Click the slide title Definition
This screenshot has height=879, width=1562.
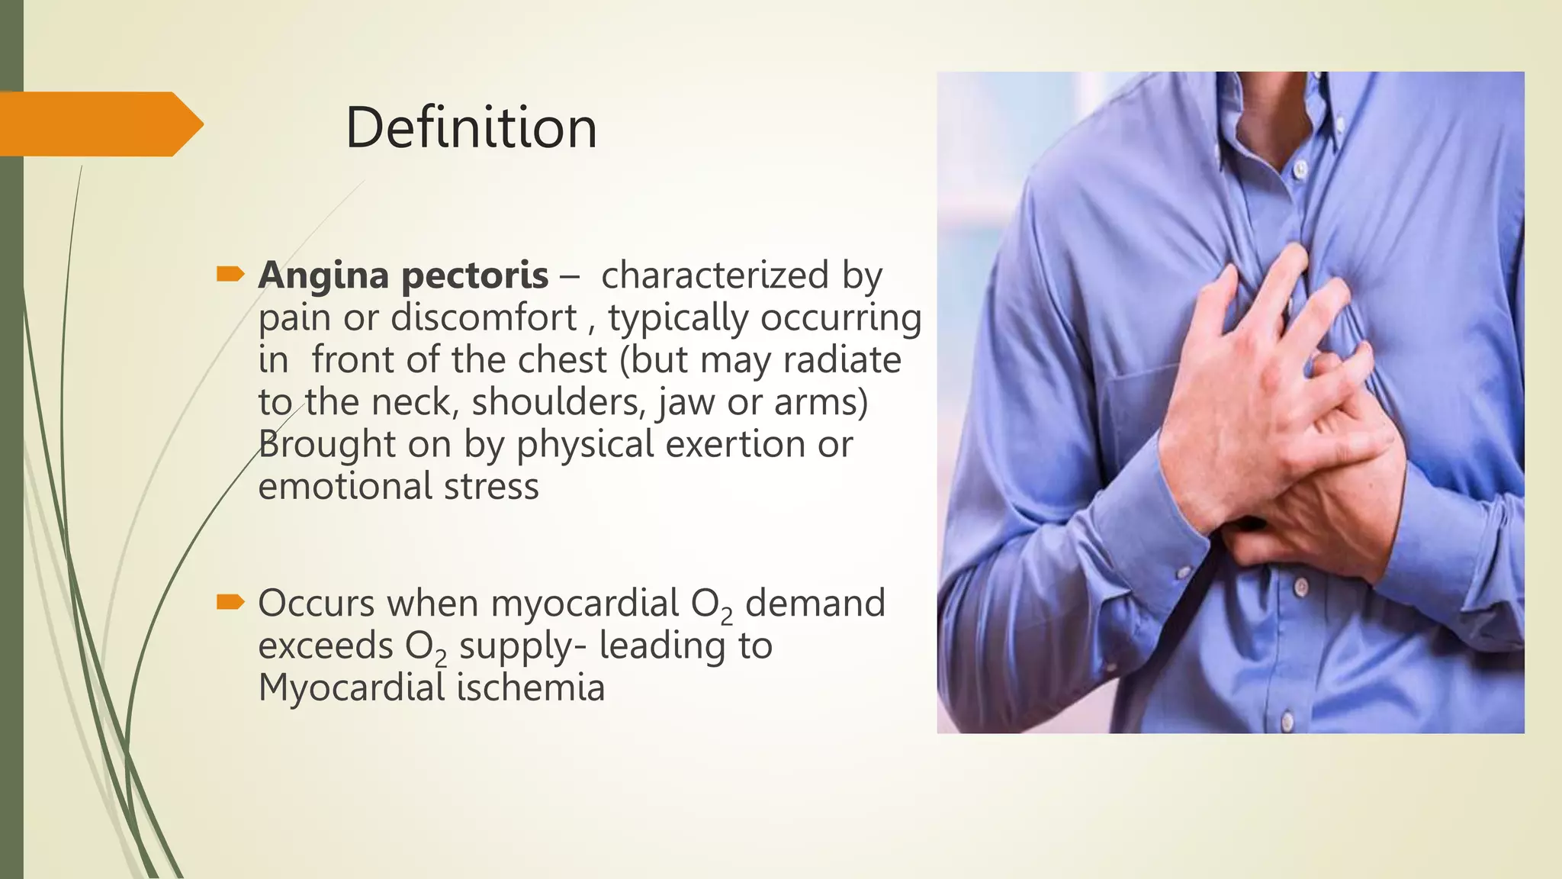coord(471,127)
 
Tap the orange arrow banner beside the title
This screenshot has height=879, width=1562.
coord(99,124)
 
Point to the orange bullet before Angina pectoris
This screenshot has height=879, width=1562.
coord(230,274)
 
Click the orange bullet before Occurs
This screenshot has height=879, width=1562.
coord(230,603)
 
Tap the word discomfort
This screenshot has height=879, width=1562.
coord(484,317)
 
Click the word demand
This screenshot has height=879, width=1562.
coord(815,603)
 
